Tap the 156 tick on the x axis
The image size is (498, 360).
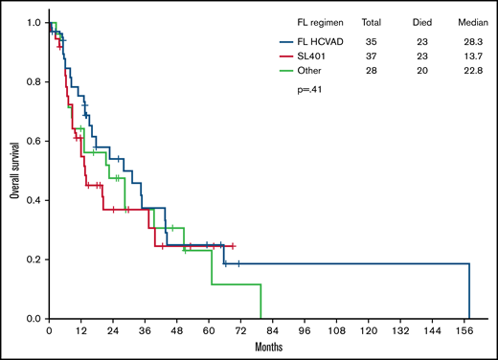click(x=468, y=331)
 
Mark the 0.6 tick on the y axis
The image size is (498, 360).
click(x=34, y=141)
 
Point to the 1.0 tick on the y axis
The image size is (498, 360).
click(x=34, y=21)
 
